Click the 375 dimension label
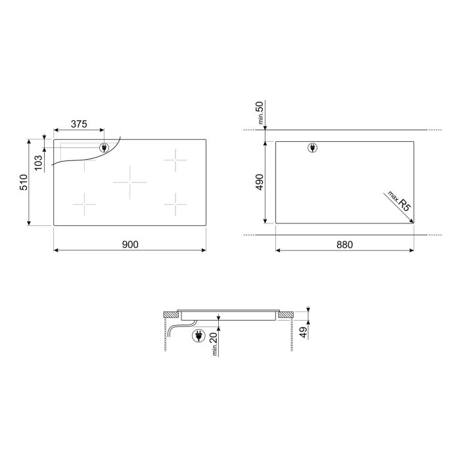coord(79,124)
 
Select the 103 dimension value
coord(38,163)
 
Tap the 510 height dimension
coord(24,182)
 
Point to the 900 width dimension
coord(130,244)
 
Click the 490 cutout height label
coord(260,182)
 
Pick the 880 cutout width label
coord(344,244)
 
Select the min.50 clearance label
coord(260,112)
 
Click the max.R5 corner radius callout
coord(400,201)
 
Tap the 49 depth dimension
coord(304,332)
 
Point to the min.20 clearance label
coord(214,344)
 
